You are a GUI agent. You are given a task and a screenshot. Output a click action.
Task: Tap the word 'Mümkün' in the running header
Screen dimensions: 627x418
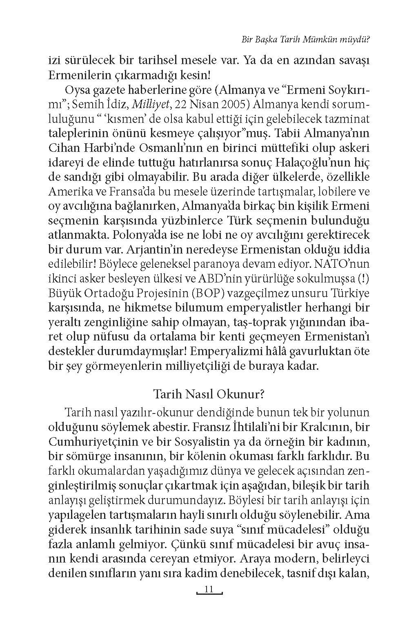(319, 40)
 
